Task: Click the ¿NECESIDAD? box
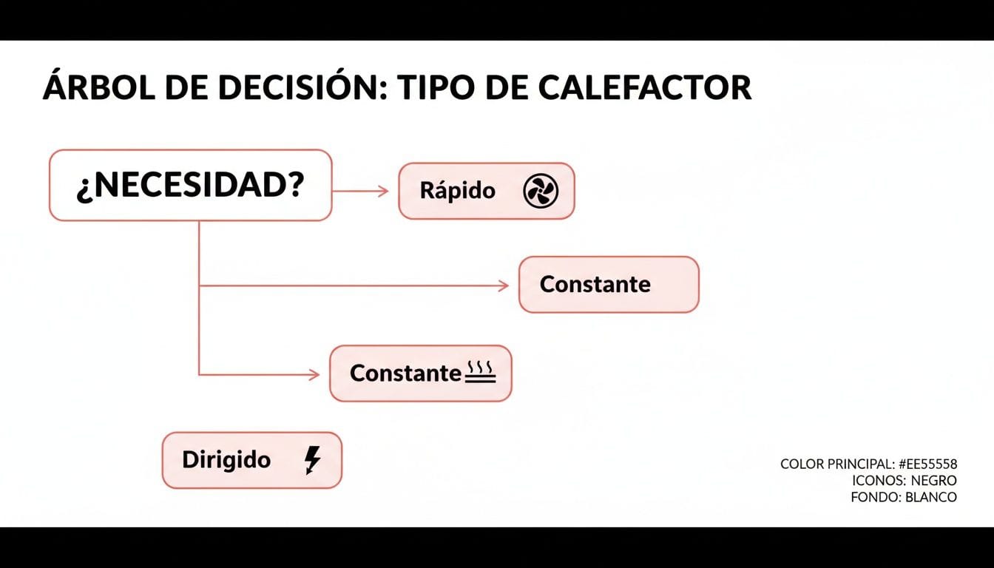pyautogui.click(x=190, y=186)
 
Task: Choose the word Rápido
pyautogui.click(x=457, y=191)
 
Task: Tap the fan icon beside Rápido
pyautogui.click(x=541, y=192)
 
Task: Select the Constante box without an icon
pyautogui.click(x=608, y=285)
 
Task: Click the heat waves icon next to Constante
pyautogui.click(x=480, y=373)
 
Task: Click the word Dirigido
pyautogui.click(x=226, y=460)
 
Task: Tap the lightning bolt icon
pyautogui.click(x=313, y=460)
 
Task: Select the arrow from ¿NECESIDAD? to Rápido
pyautogui.click(x=360, y=191)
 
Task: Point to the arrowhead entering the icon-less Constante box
pyautogui.click(x=504, y=285)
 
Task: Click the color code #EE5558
pyautogui.click(x=927, y=464)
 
